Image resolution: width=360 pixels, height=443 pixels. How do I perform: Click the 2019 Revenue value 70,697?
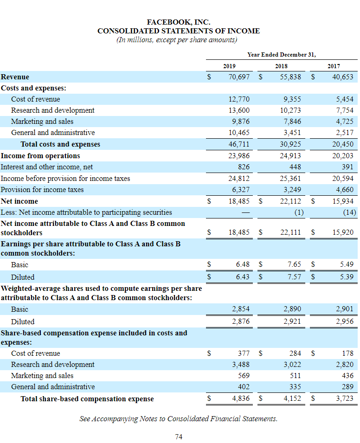(x=239, y=77)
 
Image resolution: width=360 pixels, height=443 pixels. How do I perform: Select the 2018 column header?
(x=281, y=66)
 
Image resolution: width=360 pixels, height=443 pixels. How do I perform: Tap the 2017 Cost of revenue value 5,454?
(x=344, y=99)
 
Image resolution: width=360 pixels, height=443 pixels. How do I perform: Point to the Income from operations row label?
(x=40, y=156)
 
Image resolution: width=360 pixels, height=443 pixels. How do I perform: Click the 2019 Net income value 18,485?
(x=239, y=201)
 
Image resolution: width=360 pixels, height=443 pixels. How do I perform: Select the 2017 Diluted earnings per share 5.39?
(x=346, y=277)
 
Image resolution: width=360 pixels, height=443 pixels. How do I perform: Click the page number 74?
(x=179, y=436)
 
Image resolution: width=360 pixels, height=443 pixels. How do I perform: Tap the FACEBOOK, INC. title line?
(x=179, y=22)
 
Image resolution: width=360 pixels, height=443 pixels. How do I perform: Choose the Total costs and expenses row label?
(x=60, y=144)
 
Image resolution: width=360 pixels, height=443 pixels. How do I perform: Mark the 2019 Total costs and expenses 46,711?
(x=239, y=144)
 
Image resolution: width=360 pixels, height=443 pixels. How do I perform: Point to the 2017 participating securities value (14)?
(x=347, y=212)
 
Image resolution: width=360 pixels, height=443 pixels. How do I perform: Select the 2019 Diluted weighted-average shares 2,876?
(x=241, y=321)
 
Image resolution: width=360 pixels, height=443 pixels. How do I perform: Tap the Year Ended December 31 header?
(x=282, y=54)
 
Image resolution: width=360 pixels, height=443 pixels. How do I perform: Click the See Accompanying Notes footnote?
(x=179, y=419)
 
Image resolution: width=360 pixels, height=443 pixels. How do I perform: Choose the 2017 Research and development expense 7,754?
(x=344, y=110)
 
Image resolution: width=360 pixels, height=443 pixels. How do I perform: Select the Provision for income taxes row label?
(x=42, y=190)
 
